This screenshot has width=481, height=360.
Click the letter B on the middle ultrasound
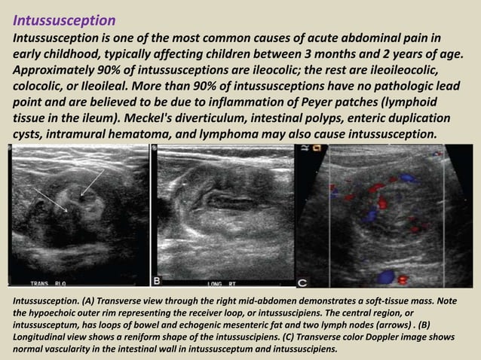158,281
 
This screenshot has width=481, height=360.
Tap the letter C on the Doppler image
303,282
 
